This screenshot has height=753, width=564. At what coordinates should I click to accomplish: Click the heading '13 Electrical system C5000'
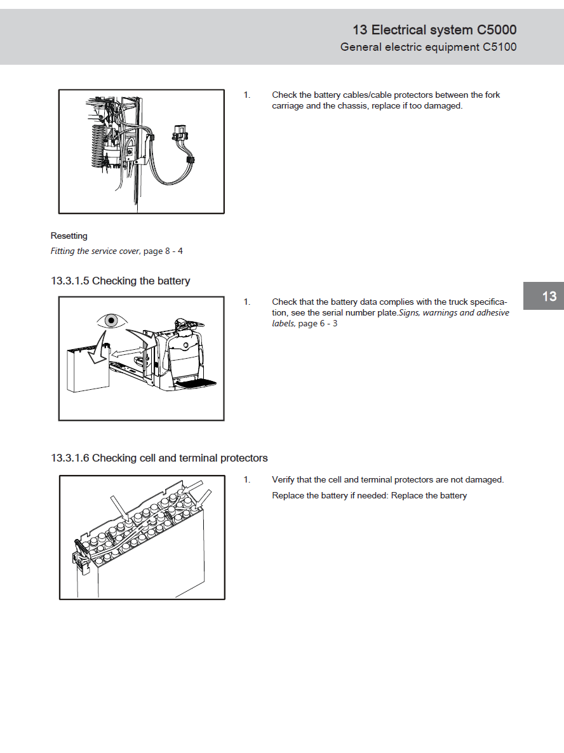(x=434, y=30)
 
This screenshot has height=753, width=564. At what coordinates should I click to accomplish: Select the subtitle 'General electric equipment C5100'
(x=428, y=47)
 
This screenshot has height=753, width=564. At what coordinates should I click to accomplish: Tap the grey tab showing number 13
(x=549, y=297)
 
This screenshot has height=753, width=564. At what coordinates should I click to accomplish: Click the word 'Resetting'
(x=69, y=236)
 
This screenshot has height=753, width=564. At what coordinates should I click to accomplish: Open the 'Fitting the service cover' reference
(x=95, y=251)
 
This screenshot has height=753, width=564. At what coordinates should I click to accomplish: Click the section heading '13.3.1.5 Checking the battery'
(x=120, y=281)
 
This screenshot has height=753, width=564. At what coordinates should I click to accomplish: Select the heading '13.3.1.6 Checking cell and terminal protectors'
(x=159, y=458)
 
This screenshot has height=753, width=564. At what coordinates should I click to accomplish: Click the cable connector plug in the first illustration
(x=180, y=134)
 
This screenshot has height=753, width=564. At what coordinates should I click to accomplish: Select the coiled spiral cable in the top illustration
(x=97, y=147)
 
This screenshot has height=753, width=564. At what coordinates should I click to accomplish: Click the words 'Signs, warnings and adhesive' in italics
(x=453, y=313)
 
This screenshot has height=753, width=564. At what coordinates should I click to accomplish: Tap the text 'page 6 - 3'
(x=318, y=324)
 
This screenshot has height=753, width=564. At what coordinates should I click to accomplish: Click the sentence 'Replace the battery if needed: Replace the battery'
(x=369, y=496)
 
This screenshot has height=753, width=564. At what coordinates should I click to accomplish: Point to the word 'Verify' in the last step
(x=284, y=480)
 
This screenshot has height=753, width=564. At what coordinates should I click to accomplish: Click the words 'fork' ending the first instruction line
(x=492, y=95)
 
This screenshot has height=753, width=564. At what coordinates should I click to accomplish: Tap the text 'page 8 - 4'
(x=163, y=251)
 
